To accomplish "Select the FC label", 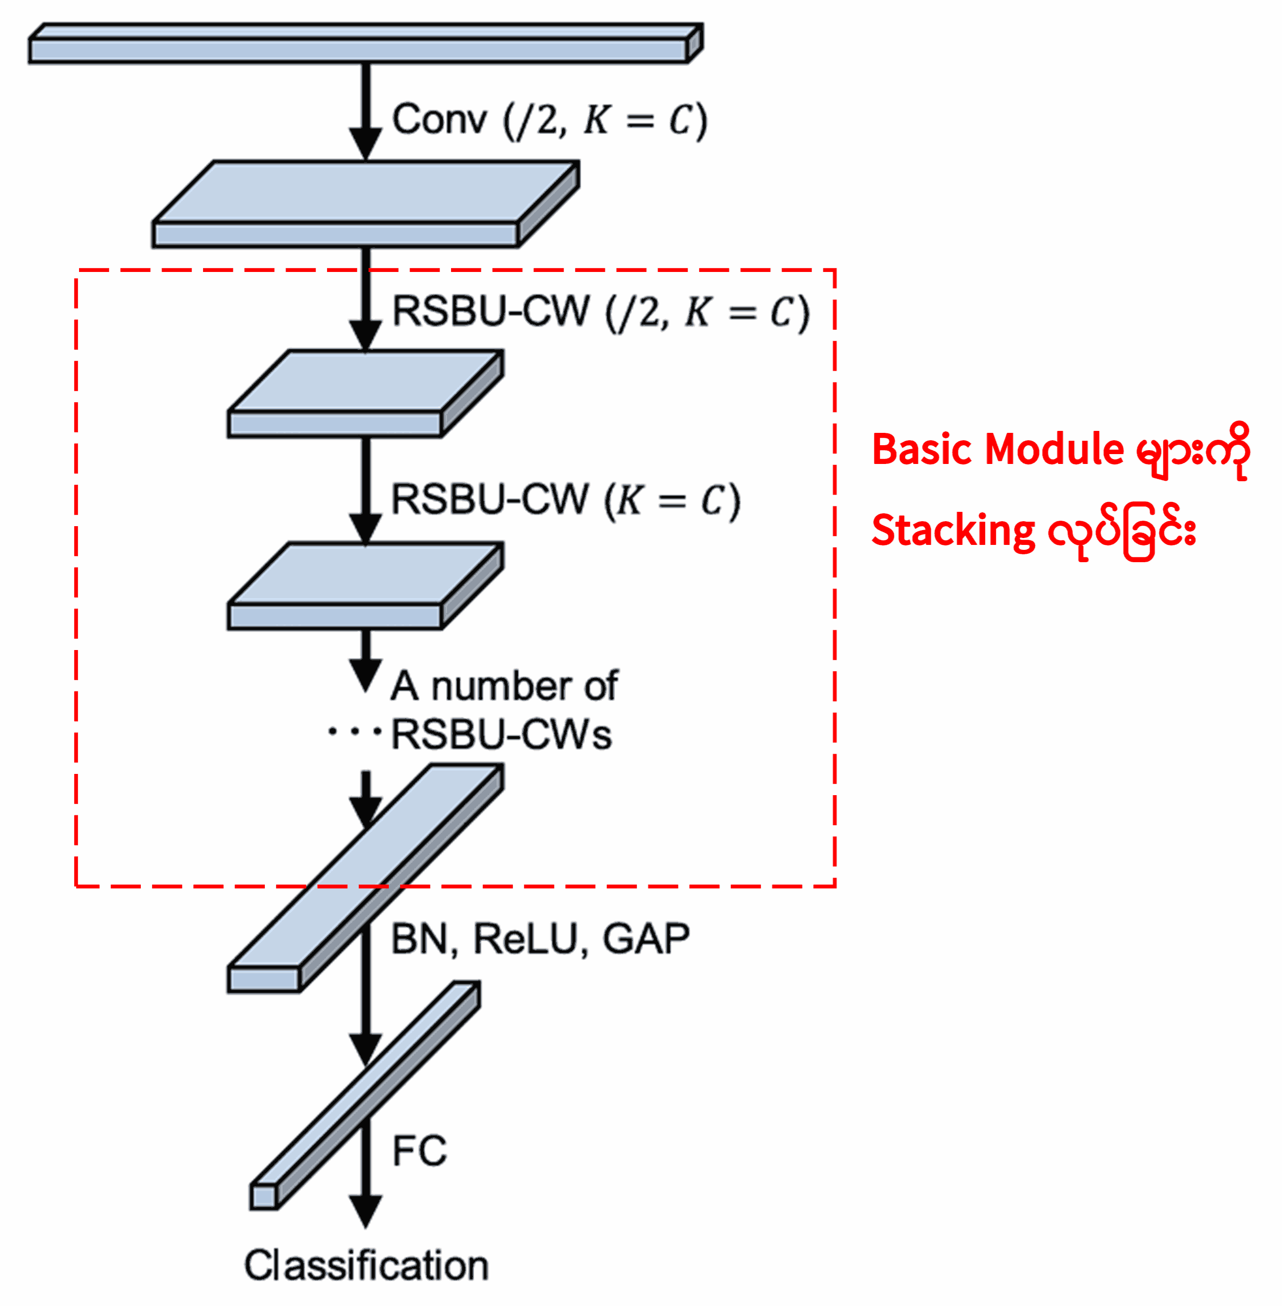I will point(419,1151).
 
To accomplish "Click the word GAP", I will point(646,939).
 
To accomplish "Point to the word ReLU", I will point(525,939).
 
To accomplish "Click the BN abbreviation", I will point(419,939).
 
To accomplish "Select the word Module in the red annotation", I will point(1054,450).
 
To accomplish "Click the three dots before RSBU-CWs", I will point(354,730).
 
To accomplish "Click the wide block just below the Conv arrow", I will point(364,202).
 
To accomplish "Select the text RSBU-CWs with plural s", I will point(501,735).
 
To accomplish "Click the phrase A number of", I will point(503,686).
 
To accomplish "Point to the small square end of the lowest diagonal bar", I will point(264,1196).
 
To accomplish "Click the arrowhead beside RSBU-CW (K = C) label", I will point(366,529).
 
